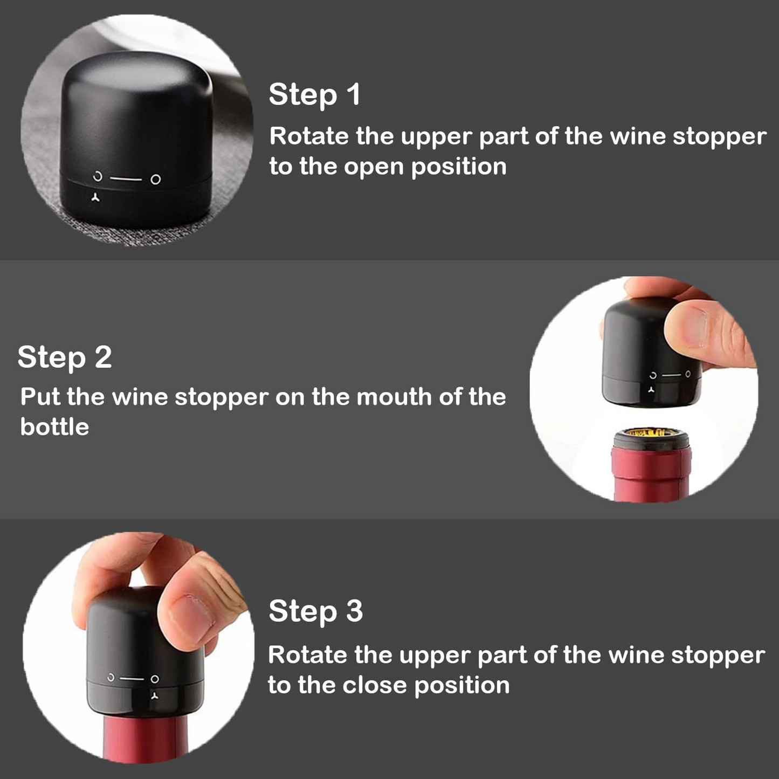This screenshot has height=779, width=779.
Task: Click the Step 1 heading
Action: click(x=314, y=95)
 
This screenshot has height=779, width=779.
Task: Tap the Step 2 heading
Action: click(x=65, y=357)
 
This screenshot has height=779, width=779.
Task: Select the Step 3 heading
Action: click(x=316, y=611)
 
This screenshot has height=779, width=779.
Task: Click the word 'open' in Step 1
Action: click(x=374, y=168)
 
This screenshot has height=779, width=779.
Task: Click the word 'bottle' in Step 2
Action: click(x=54, y=427)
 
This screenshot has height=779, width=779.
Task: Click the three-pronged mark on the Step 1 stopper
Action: click(x=95, y=197)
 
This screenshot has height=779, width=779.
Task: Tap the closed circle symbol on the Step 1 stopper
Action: click(x=156, y=179)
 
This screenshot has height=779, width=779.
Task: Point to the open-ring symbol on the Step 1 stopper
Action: click(x=98, y=177)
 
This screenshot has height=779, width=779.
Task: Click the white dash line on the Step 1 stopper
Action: click(x=126, y=178)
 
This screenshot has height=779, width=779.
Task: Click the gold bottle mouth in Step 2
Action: click(x=651, y=432)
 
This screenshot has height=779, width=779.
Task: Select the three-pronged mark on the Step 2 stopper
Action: click(x=651, y=390)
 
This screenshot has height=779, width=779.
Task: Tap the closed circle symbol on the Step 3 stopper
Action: click(x=155, y=679)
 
